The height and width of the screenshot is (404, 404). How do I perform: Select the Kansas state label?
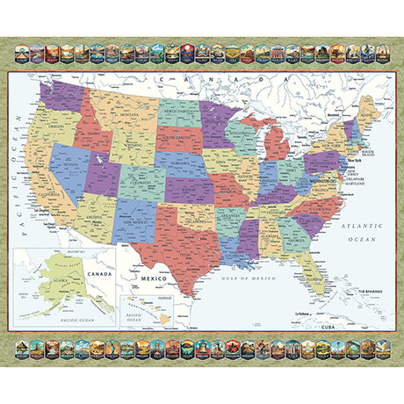(x=188, y=191)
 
